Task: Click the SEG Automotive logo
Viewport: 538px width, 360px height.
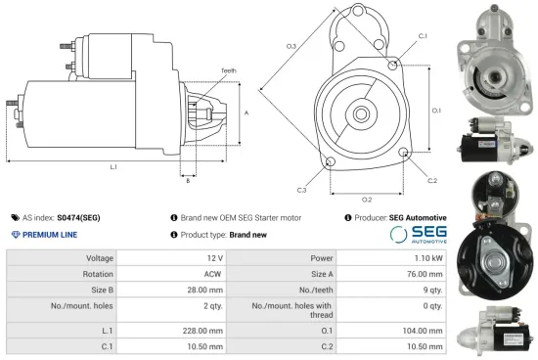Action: [x=418, y=234]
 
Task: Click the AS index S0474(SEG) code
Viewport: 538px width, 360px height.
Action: [x=80, y=217]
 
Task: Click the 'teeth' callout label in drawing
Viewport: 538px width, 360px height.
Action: [x=228, y=70]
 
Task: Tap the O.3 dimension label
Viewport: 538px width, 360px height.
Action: [x=291, y=46]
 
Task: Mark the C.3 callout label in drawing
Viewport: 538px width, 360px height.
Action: [x=301, y=189]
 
